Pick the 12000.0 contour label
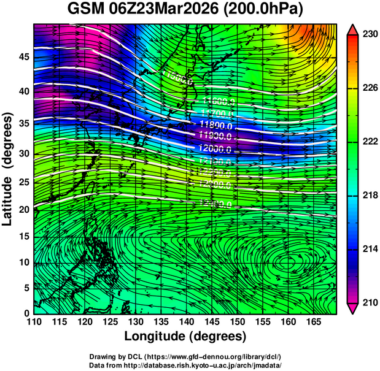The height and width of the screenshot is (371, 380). point(214,148)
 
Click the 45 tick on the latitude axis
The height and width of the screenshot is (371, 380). point(23,57)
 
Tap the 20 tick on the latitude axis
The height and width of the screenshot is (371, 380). point(23,210)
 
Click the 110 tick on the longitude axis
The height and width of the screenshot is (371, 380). point(33,321)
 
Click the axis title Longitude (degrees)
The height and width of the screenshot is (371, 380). point(185,335)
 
